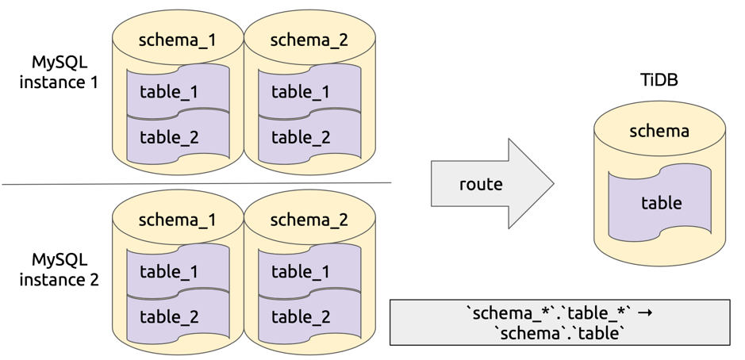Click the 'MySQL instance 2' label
[x=59, y=269]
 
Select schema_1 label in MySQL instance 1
[x=177, y=40]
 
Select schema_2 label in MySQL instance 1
[x=309, y=40]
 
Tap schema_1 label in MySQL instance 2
[x=177, y=220]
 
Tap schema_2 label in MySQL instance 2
[x=309, y=220]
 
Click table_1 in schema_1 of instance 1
[x=169, y=92]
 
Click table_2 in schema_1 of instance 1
[x=169, y=137]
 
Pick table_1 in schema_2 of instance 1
[x=301, y=92]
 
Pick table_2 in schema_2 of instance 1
[x=301, y=137]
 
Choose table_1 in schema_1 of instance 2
[x=169, y=272]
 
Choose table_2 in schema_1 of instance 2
[x=169, y=317]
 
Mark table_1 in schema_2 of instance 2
[x=301, y=272]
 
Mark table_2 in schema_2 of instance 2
[x=301, y=317]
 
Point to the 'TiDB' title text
[x=659, y=81]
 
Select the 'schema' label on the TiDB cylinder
[x=659, y=131]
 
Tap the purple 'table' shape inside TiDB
[x=660, y=203]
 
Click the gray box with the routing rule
[x=559, y=322]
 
